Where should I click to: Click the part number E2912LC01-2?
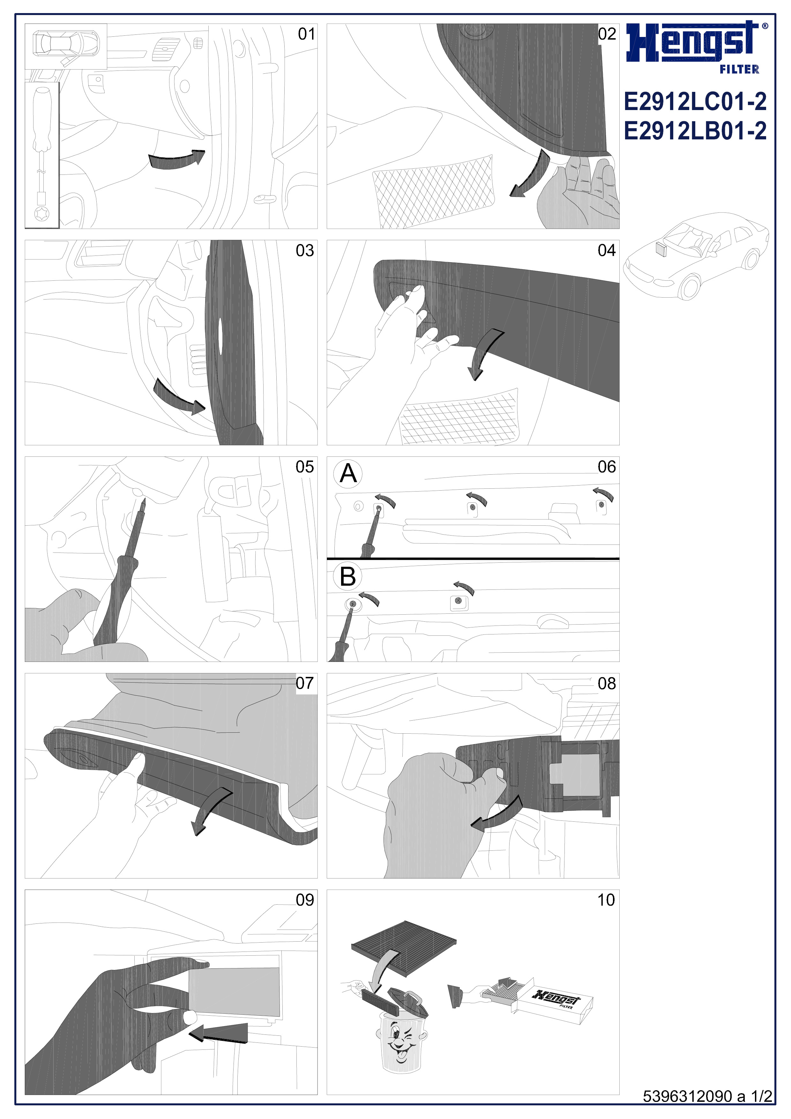click(695, 101)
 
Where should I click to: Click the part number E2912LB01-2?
click(695, 130)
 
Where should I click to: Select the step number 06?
click(607, 467)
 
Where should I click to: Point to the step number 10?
click(606, 900)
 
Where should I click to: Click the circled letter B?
click(348, 576)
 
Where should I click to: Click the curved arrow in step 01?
click(176, 159)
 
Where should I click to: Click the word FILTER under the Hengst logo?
click(739, 69)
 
